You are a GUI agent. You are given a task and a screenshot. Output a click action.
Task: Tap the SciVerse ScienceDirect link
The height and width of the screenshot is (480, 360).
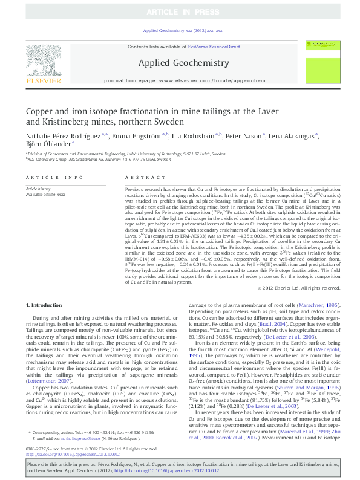(214, 47)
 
